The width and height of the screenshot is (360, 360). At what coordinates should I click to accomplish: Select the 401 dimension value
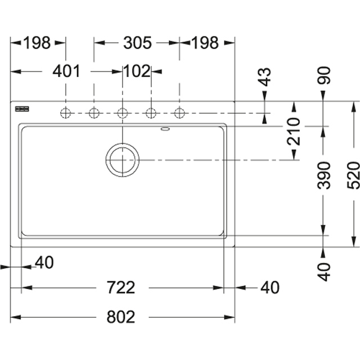(66, 71)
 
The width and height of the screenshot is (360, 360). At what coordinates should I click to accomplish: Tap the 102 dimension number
(137, 71)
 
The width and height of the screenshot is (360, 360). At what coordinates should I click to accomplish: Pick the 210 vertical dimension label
(294, 132)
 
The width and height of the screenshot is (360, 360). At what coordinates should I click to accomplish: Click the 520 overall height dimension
(353, 175)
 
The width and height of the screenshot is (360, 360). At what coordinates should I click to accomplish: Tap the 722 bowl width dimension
(121, 287)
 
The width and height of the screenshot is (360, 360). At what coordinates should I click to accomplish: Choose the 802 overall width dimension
(121, 317)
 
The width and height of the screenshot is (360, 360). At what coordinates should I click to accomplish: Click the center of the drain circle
(122, 160)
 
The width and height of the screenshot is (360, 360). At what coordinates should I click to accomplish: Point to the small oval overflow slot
(165, 129)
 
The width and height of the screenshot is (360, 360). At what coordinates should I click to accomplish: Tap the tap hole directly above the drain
(122, 113)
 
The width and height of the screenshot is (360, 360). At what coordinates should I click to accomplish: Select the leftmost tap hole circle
(66, 113)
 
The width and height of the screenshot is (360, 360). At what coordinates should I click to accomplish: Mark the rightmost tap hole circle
(179, 113)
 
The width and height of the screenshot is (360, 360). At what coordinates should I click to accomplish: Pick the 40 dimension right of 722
(270, 287)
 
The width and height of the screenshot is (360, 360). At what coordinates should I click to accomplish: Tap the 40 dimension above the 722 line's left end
(44, 262)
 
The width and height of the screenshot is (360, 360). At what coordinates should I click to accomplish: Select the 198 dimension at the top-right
(204, 43)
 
